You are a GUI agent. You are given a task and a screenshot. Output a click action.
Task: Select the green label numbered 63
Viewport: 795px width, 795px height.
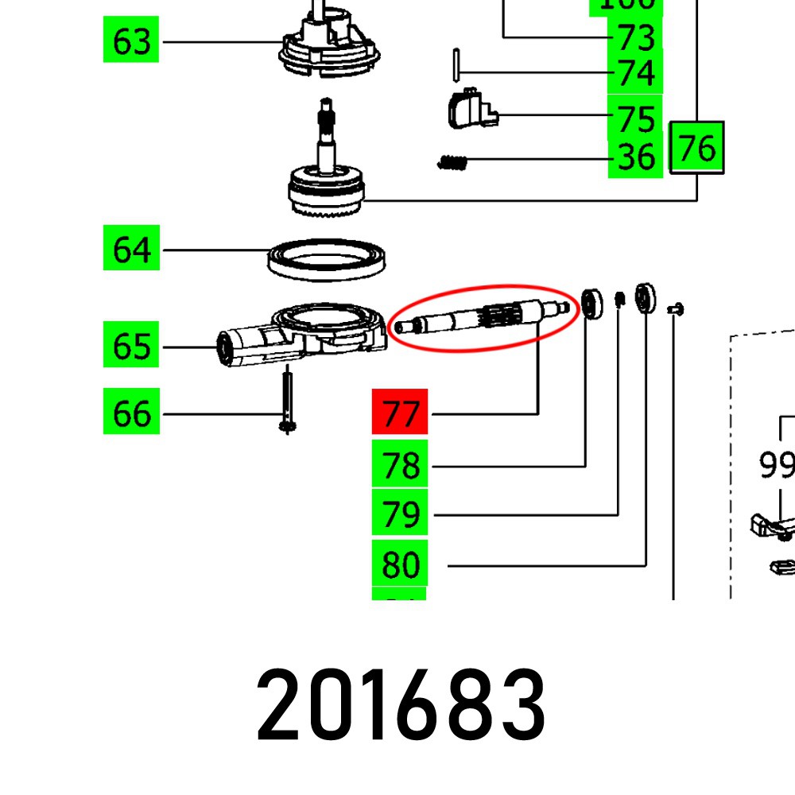pyautogui.click(x=132, y=41)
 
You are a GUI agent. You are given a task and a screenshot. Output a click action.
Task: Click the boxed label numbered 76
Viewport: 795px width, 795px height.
pyautogui.click(x=696, y=148)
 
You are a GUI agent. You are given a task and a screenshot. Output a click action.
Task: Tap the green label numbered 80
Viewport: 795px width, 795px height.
pyautogui.click(x=400, y=564)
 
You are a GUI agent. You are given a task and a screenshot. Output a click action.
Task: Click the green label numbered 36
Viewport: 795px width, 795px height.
pyautogui.click(x=635, y=157)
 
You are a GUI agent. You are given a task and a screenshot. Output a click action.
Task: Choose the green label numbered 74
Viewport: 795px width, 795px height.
pyautogui.click(x=635, y=73)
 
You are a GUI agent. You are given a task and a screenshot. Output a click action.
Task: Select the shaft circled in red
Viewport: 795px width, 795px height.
pyautogui.click(x=481, y=318)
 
